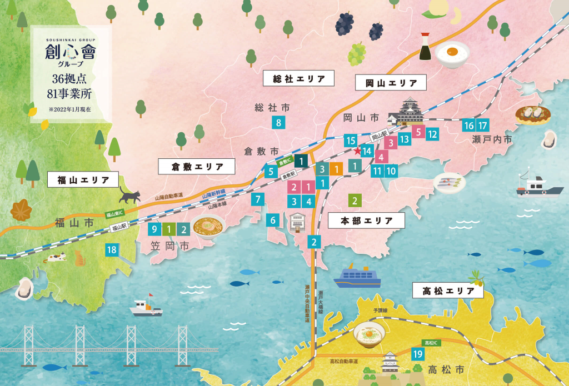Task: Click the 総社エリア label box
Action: [x=298, y=79]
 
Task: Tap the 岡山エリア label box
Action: [x=391, y=83]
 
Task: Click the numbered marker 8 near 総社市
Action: [x=278, y=123]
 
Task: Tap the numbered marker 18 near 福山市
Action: [x=112, y=250]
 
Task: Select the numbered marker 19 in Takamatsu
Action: [x=417, y=354]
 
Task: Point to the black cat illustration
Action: [x=130, y=195]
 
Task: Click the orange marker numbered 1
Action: [x=336, y=169]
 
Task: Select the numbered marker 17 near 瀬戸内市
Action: [x=482, y=126]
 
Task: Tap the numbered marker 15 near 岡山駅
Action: [x=351, y=140]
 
